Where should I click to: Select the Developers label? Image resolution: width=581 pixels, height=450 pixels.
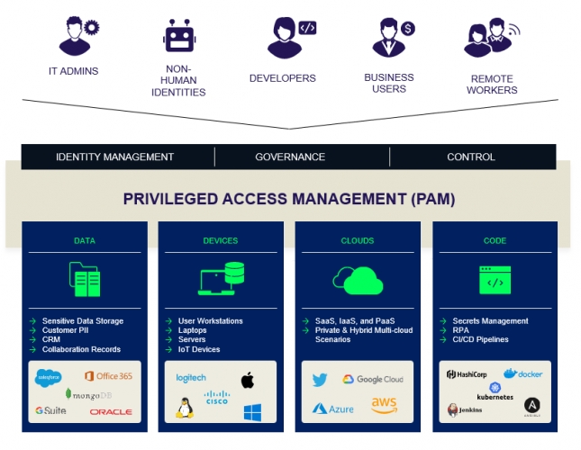282,78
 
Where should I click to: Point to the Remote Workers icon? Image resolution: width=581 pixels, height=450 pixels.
492,38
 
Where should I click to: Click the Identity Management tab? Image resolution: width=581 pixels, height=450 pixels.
114,157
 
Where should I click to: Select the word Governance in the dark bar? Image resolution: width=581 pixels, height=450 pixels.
290,157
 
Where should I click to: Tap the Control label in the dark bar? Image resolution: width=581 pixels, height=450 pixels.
470,157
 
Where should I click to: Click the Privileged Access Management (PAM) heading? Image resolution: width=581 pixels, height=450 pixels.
289,198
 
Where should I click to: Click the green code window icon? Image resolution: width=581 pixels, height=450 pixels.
495,280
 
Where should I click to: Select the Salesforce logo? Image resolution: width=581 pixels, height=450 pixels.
48,376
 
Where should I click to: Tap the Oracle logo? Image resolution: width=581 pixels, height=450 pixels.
111,411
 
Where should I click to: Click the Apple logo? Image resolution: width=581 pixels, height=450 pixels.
247,379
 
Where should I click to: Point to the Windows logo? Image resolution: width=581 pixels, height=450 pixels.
252,412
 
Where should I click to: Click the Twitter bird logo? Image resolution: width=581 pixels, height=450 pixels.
320,380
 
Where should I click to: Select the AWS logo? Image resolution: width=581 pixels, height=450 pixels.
384,406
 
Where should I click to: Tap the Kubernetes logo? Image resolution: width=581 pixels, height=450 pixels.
495,391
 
